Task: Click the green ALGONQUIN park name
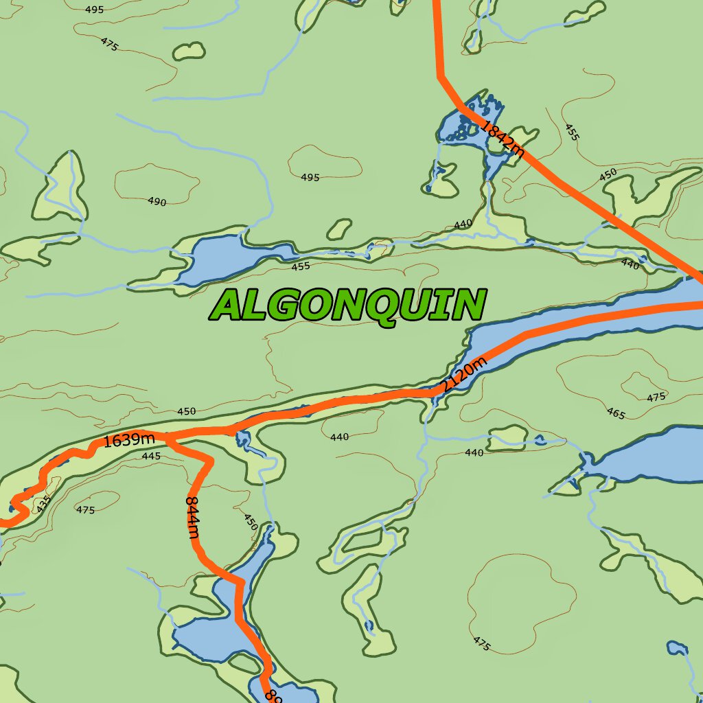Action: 348,306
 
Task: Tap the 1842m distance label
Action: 502,139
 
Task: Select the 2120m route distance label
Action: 464,375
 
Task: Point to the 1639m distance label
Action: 129,439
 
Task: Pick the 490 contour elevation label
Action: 157,201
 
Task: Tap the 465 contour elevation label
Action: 616,413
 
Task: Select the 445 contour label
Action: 150,456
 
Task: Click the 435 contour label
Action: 43,505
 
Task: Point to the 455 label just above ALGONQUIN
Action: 301,266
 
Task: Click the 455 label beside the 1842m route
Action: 572,132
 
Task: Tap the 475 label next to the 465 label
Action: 656,397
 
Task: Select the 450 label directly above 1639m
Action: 186,411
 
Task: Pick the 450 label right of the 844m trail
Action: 251,521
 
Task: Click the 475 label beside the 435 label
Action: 85,510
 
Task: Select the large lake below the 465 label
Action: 645,457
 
